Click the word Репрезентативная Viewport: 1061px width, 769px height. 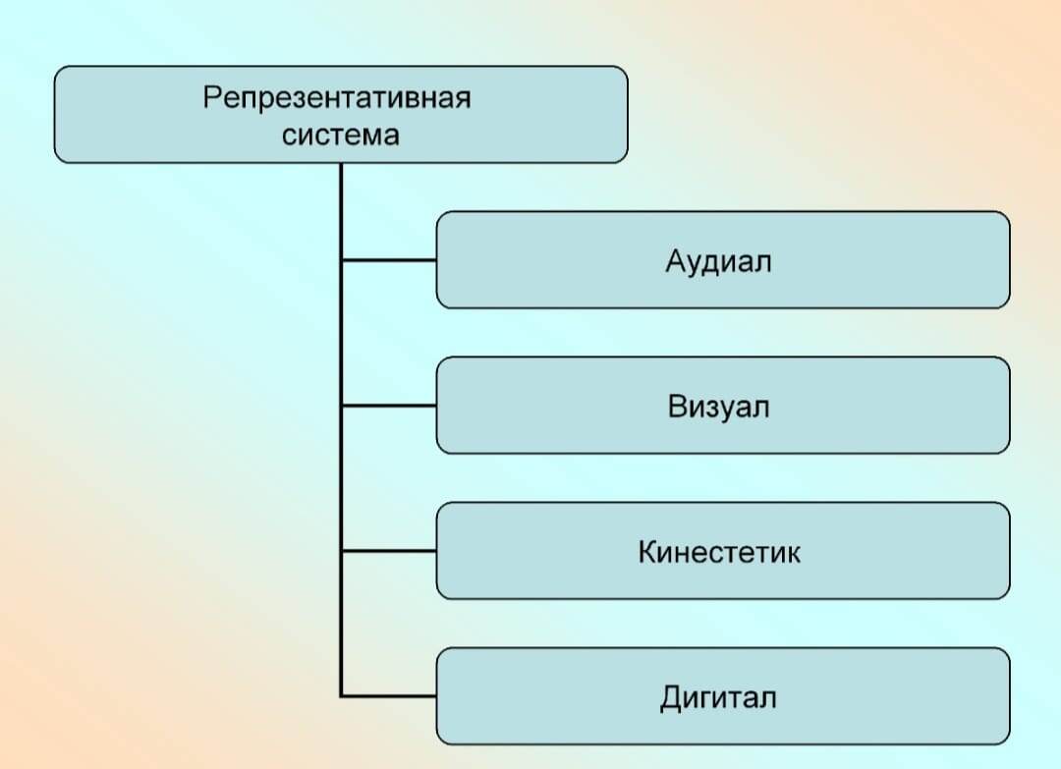tap(337, 99)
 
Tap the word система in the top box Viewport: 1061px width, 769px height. tap(340, 135)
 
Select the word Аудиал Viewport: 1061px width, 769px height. tap(718, 261)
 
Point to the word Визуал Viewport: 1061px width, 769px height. tap(718, 407)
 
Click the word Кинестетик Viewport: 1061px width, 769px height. tap(719, 552)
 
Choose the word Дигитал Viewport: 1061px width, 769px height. tap(718, 697)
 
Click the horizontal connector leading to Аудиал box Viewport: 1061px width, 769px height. tap(389, 260)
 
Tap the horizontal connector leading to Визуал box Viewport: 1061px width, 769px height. tap(389, 406)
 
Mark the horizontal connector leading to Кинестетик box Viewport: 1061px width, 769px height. tap(389, 551)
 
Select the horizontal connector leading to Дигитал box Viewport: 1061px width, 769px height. tap(389, 696)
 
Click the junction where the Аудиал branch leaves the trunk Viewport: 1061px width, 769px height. tap(341, 260)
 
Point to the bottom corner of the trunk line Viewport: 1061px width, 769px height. tap(341, 696)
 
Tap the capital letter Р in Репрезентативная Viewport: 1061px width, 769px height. tap(211, 99)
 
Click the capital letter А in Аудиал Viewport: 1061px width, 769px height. tap(674, 261)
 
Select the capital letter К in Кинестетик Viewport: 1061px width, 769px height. tap(647, 552)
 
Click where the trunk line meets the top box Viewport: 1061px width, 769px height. tap(341, 164)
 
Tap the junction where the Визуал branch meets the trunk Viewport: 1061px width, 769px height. tap(341, 406)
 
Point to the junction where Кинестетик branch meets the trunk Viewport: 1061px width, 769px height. tap(341, 551)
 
